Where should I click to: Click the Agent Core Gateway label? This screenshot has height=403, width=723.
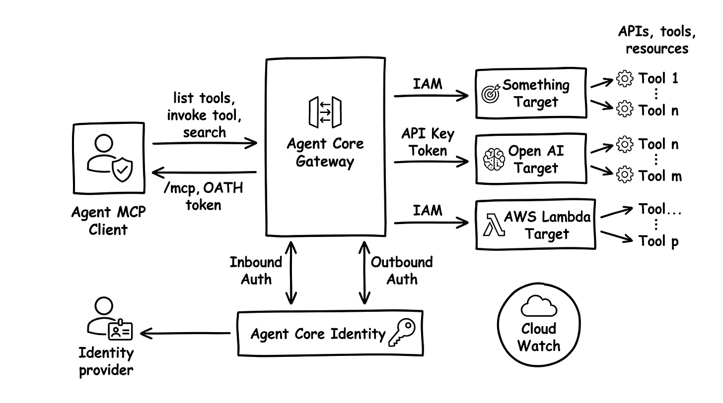(x=325, y=153)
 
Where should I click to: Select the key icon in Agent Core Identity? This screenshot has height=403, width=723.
(x=401, y=332)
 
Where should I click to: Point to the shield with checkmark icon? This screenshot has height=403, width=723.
(x=122, y=171)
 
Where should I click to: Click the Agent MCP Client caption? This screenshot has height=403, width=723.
(x=108, y=221)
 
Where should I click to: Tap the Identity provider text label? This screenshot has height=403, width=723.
(x=106, y=361)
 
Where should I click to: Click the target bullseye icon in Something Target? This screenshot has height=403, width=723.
(x=491, y=94)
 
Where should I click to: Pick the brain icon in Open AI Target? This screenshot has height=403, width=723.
(x=494, y=159)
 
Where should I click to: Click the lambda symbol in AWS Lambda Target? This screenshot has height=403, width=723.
(x=492, y=225)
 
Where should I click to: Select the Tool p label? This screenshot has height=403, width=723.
(x=658, y=241)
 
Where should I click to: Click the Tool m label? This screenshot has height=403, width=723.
(x=660, y=176)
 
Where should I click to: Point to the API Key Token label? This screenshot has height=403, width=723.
(x=428, y=142)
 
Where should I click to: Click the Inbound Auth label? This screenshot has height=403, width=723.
(x=256, y=271)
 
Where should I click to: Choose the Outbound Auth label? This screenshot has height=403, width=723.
(x=402, y=271)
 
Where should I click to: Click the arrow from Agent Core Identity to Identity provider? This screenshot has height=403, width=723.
(x=187, y=333)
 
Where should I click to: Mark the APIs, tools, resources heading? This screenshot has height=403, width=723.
(x=656, y=40)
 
